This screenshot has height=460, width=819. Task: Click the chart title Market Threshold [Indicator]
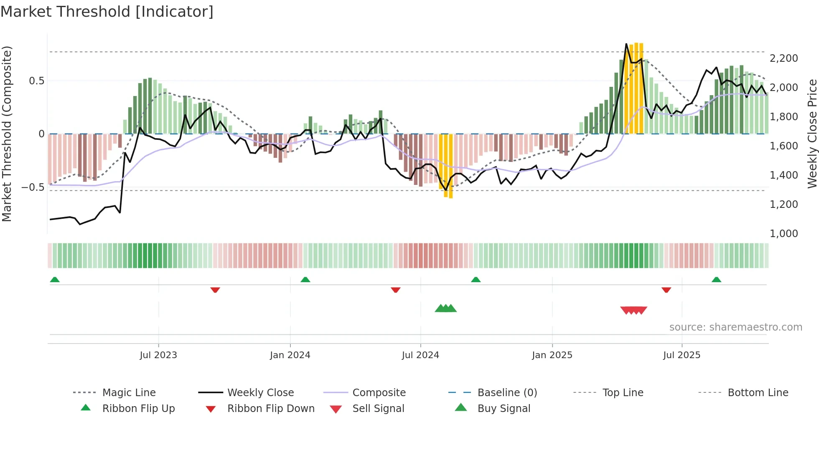coord(107,12)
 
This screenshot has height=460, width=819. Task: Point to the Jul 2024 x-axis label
coord(420,355)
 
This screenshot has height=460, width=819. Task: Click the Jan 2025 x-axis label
coord(552,355)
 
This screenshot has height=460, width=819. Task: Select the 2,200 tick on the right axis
coord(783,58)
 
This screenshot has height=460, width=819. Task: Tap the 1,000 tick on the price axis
coord(783,234)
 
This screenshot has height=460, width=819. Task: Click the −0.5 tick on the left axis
coord(33,187)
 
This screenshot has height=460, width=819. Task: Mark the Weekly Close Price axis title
coord(812,134)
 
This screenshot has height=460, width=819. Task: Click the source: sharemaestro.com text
coord(735,327)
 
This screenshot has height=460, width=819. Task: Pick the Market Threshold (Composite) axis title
coord(7,134)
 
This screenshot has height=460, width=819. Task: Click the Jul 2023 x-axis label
coord(158,355)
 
